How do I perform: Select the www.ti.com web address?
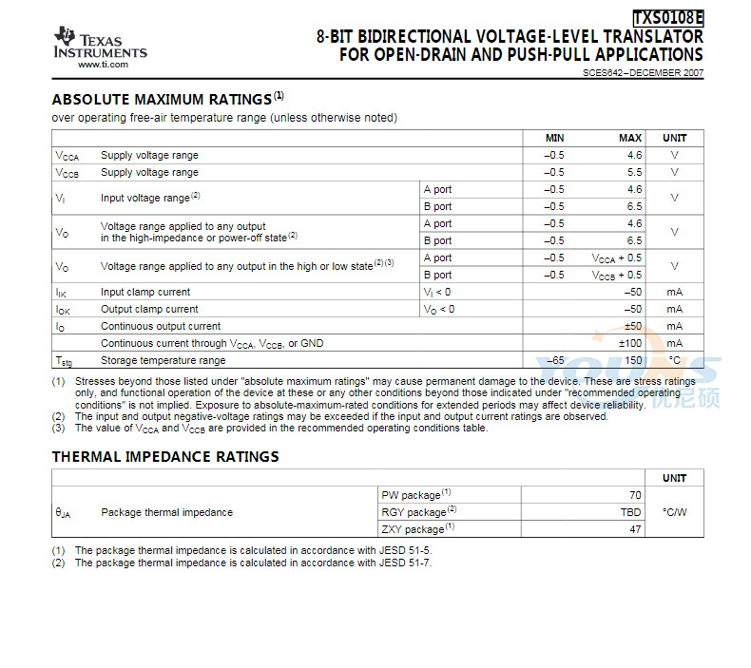coord(103,65)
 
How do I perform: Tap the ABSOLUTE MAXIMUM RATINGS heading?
coord(162,100)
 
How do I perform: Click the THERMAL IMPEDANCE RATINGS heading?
coord(165,457)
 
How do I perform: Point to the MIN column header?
coord(554,138)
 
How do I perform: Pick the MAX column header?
coord(630,138)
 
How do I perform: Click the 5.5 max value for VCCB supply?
coord(635,173)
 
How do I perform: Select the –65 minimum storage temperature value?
coord(556,361)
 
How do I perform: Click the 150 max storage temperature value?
coord(633,361)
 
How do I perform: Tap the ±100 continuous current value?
coord(631,343)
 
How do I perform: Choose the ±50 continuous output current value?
coord(633,326)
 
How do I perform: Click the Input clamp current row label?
coord(145,293)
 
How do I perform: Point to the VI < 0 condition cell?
coord(437,293)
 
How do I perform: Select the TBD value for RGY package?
coord(631,512)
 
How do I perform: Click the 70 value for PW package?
coord(635,495)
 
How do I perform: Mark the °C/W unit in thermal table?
coord(674,512)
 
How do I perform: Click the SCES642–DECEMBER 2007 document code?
coord(644,73)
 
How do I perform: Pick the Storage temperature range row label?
coord(164,361)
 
